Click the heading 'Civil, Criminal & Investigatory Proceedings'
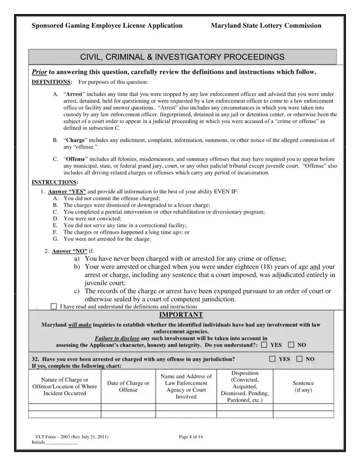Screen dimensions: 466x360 (x=182, y=57)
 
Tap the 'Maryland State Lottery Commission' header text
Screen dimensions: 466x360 (x=266, y=26)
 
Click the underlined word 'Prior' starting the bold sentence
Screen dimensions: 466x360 (x=39, y=71)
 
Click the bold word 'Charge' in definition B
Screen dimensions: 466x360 (x=75, y=140)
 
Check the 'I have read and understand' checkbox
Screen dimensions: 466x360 (x=54, y=306)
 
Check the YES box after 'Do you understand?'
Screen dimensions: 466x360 (x=264, y=345)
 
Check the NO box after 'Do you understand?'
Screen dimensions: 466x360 (x=291, y=345)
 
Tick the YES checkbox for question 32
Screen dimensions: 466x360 (x=273, y=359)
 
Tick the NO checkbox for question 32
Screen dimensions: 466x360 (x=300, y=359)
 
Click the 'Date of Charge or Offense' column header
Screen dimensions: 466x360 (x=128, y=387)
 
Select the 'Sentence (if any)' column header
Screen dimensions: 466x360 (x=304, y=387)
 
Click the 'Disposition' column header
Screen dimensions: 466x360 (x=245, y=373)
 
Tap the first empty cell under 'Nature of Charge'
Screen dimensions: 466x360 (x=65, y=407)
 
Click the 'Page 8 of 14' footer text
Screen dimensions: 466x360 (x=191, y=437)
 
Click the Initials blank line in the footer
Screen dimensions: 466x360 (x=61, y=442)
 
